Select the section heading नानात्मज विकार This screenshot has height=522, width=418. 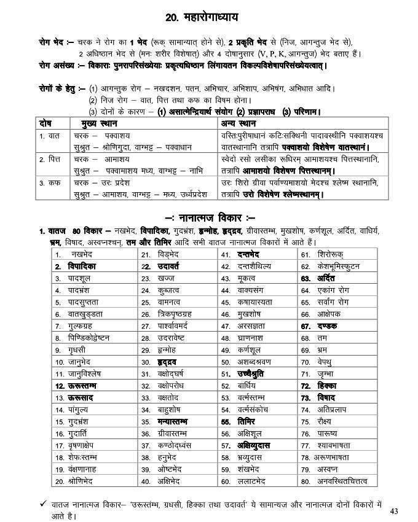[212, 217]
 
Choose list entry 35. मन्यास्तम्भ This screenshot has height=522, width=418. [173, 421]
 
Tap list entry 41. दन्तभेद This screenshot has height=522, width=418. [246, 254]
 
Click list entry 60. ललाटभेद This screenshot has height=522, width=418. [252, 481]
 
